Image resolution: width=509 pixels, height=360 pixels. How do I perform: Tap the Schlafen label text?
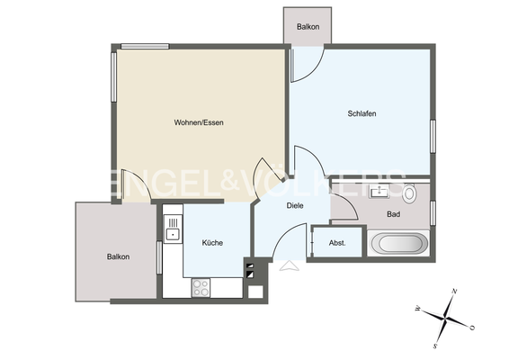tap(362, 113)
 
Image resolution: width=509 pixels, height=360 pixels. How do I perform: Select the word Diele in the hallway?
tap(295, 205)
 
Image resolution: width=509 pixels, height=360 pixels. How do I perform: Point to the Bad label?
tap(393, 214)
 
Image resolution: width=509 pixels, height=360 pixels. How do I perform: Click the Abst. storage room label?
tap(337, 243)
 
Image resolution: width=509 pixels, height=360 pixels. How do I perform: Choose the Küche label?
tap(212, 243)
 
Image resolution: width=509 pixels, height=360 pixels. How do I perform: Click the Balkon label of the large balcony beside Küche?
tap(118, 256)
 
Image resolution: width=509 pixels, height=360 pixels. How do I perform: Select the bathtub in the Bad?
tap(398, 244)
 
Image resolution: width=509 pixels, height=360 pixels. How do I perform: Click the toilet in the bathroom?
tap(410, 193)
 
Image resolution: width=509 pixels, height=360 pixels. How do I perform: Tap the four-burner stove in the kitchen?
tap(201, 288)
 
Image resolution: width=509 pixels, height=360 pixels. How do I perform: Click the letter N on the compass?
tap(455, 292)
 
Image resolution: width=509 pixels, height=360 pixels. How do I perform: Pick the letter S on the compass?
tap(434, 346)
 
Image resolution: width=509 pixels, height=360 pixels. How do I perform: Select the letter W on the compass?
tap(418, 309)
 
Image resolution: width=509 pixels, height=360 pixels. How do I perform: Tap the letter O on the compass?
tap(472, 328)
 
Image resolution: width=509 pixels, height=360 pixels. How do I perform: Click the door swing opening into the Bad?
tap(345, 208)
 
